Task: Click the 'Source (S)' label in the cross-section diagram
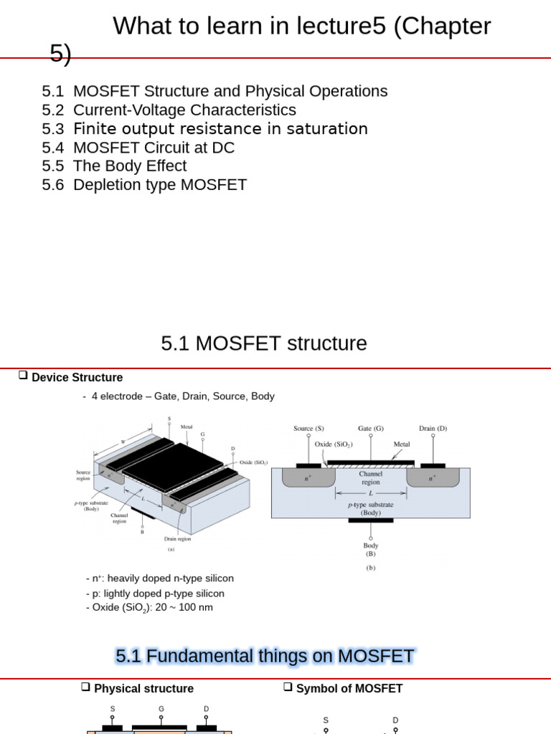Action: (309, 429)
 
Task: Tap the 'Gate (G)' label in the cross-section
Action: (370, 429)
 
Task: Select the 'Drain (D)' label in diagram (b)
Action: (433, 429)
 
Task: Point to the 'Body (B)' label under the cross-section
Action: (370, 550)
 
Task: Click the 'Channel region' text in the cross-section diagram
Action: (371, 478)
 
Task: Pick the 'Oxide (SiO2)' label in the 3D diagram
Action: (253, 462)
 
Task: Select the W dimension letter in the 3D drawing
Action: (123, 442)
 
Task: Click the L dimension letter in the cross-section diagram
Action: (371, 494)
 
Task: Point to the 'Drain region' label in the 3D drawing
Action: (177, 539)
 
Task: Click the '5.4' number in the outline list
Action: (52, 148)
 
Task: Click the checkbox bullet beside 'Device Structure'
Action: (23, 375)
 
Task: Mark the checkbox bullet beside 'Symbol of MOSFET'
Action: (288, 686)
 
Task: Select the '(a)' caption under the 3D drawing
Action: (171, 550)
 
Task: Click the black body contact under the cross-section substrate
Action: (370, 520)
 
